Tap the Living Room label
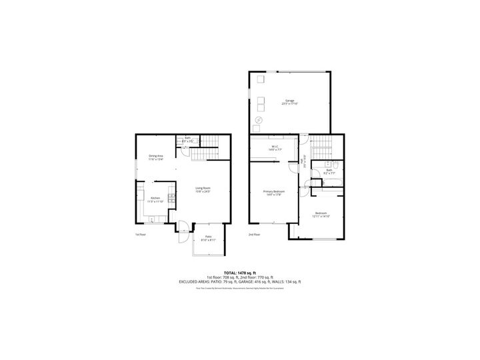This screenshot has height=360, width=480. pos(203,189)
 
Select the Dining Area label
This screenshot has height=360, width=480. pos(156,158)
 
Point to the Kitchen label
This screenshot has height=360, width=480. pos(155,199)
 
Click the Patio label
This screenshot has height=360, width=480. pos(208,238)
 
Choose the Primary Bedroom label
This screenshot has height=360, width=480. pos(274,193)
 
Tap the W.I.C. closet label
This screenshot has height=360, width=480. pos(274,148)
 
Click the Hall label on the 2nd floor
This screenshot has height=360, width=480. pos(304,160)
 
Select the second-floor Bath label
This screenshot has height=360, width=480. pos(329,171)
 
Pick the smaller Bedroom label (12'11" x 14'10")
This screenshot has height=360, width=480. pos(321,215)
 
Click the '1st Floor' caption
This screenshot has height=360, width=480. pos(140,235)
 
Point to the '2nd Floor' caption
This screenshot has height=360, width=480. pos(254,235)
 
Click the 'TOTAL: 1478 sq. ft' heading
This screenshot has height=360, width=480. pos(239,273)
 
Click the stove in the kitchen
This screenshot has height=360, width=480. pos(171,197)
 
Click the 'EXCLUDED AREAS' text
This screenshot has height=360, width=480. pos(199,282)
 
